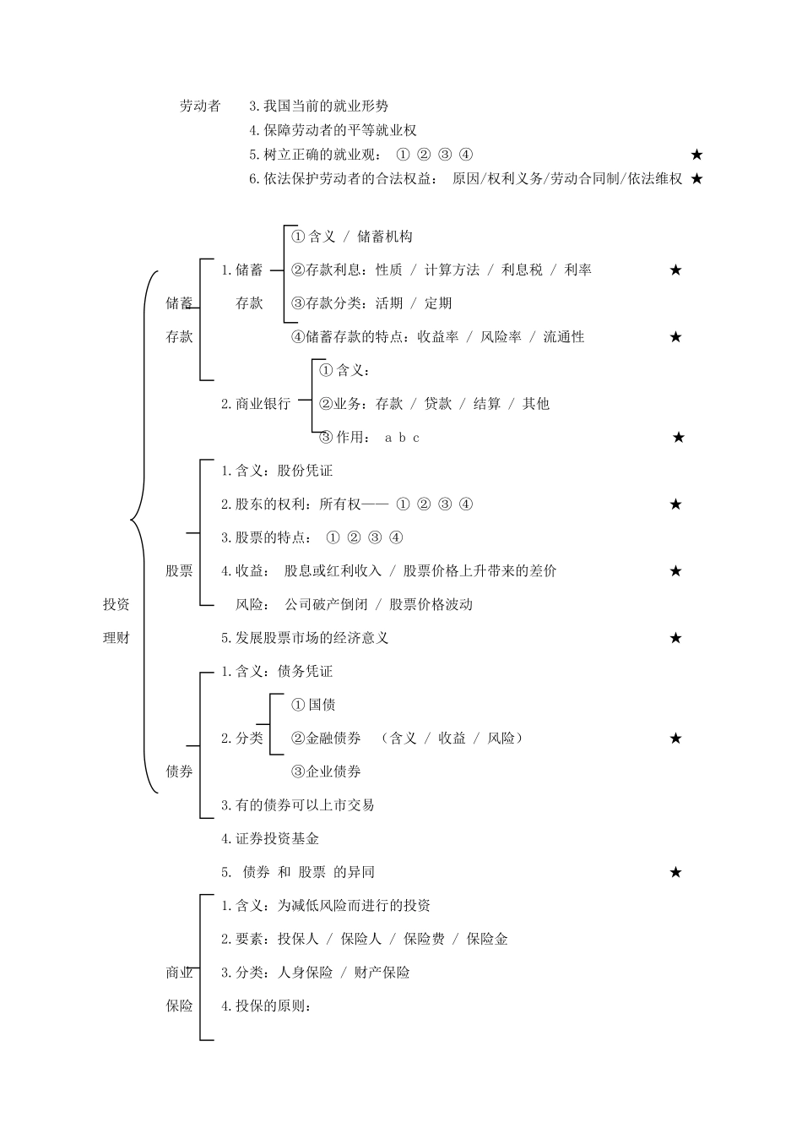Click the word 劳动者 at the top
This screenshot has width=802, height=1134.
(x=200, y=106)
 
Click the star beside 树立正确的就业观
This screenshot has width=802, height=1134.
(x=696, y=155)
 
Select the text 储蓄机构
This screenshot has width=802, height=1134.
(x=385, y=237)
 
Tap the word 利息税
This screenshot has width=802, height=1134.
(x=522, y=270)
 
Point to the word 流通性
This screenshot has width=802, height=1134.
(x=564, y=336)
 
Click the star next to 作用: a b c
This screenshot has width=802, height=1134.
(x=678, y=438)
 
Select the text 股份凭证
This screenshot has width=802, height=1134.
(x=305, y=471)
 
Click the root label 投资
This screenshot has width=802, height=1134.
(x=117, y=604)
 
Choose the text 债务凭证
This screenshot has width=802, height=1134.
(x=305, y=671)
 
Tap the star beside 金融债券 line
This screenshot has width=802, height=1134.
(x=675, y=739)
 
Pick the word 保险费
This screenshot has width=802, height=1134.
(x=424, y=939)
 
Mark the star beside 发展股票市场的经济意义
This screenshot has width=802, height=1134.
(x=675, y=638)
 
